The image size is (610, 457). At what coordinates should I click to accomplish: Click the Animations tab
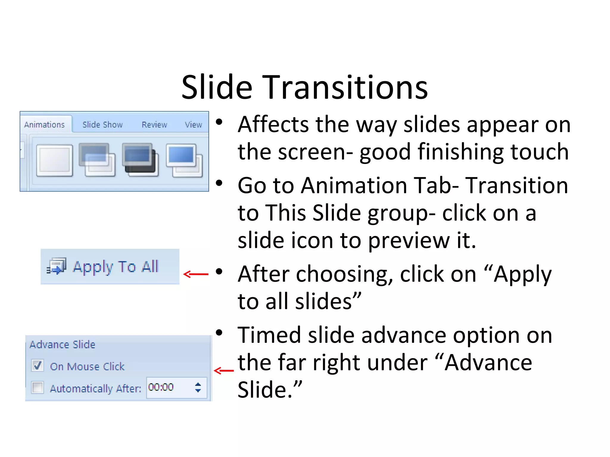(44, 125)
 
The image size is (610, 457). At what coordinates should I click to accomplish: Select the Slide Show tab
(102, 125)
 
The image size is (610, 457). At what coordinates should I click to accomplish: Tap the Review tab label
(154, 125)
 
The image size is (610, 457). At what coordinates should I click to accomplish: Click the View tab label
(193, 125)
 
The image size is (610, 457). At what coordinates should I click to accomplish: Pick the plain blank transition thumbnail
(55, 160)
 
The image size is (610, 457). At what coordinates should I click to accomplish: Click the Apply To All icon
(57, 266)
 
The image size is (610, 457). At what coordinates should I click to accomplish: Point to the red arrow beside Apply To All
(196, 274)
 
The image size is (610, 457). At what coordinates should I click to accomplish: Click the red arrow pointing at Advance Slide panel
(224, 370)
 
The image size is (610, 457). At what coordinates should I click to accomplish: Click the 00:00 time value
(161, 387)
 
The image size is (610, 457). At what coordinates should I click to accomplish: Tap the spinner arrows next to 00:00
(198, 387)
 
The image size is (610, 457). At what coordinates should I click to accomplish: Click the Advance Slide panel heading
(63, 345)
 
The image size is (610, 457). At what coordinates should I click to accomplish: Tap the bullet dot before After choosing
(219, 272)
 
